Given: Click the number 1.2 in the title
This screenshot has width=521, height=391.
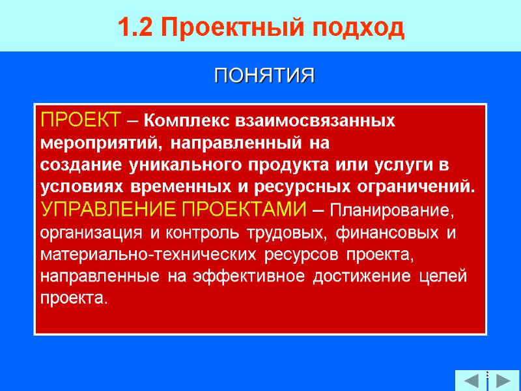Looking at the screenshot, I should pos(135,28).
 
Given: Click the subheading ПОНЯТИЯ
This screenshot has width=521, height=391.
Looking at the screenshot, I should pos(264,76).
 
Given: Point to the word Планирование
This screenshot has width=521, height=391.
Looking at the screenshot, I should pos(390,210).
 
